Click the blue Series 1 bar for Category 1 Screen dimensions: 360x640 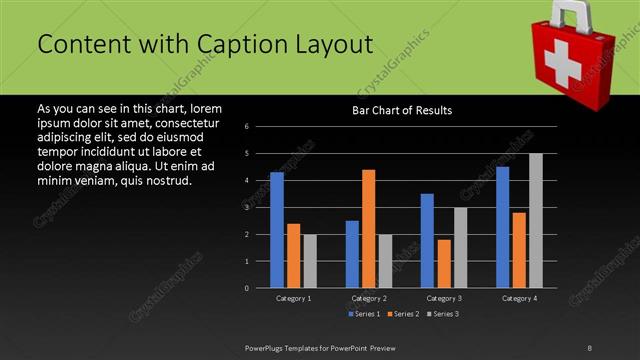[276, 230]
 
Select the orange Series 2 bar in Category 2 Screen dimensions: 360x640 [368, 229]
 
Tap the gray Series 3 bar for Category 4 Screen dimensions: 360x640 [535, 221]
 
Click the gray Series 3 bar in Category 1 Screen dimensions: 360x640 [310, 261]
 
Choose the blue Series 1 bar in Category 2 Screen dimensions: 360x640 [352, 254]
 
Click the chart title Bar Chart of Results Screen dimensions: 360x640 [402, 110]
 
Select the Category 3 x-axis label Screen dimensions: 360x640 [443, 298]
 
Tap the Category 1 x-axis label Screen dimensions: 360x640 [293, 298]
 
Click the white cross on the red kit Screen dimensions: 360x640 [562, 60]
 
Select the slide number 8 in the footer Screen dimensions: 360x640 [589, 346]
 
